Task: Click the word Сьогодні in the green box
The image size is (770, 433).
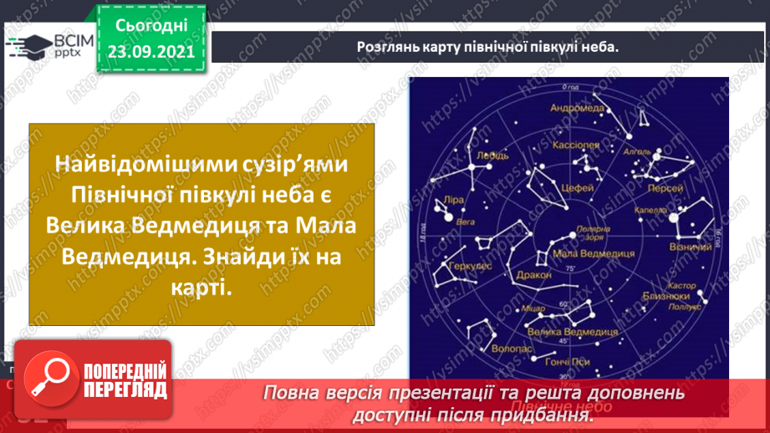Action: [x=150, y=25]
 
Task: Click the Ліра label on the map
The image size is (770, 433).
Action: [x=451, y=203]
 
